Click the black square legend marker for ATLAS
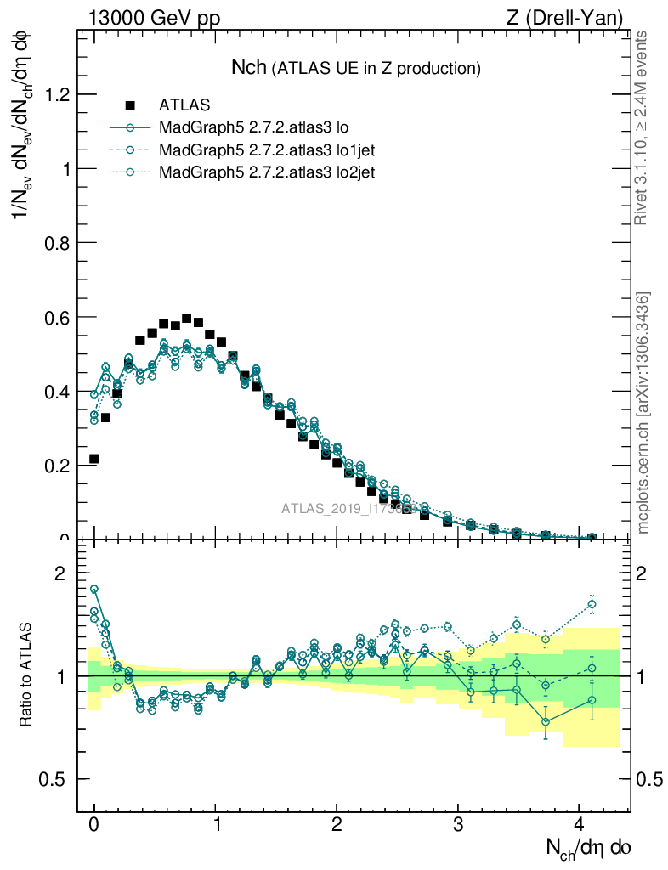click(130, 105)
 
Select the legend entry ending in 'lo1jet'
click(267, 150)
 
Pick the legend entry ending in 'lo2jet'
click(267, 172)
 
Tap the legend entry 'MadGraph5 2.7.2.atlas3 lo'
click(255, 128)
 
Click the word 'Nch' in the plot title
click(249, 67)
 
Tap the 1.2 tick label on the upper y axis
click(56, 94)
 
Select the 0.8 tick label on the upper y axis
click(56, 243)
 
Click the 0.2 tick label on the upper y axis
click(56, 466)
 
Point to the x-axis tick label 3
click(458, 825)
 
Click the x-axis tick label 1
click(216, 825)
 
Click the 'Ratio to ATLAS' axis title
click(26, 676)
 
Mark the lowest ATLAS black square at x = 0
click(93, 459)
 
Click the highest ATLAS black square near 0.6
click(187, 319)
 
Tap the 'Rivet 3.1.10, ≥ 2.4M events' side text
click(642, 127)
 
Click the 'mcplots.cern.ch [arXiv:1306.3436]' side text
click(643, 413)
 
